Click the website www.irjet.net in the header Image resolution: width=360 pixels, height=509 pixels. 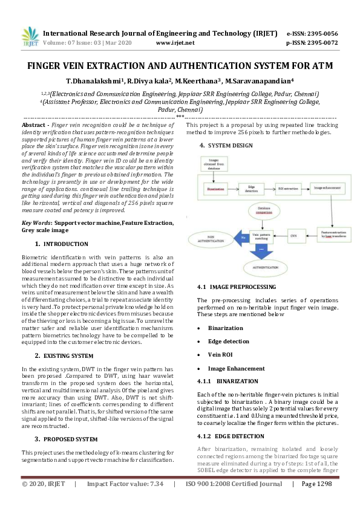pyautogui.click(x=175, y=44)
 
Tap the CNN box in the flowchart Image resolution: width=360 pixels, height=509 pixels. pyautogui.click(x=293, y=235)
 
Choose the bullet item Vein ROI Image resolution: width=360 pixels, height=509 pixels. pyautogui.click(x=221, y=355)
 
